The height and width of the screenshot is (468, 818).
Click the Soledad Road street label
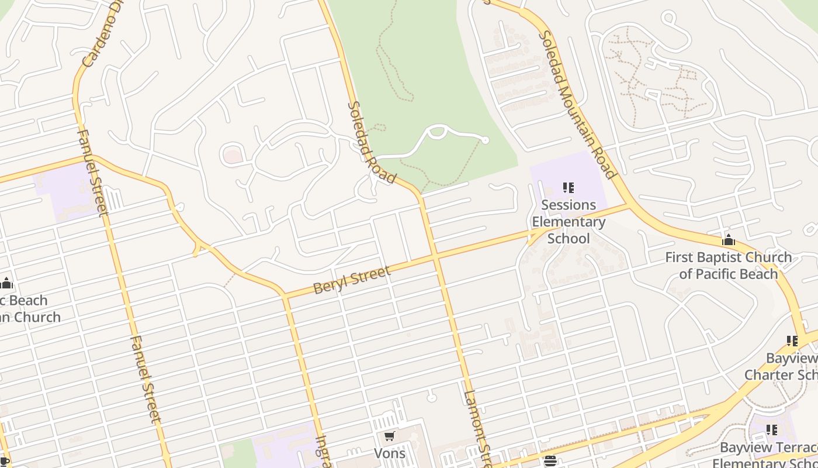pos(372,143)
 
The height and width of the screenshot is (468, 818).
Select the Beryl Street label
pos(352,280)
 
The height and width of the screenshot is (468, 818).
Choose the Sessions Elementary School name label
pos(569,222)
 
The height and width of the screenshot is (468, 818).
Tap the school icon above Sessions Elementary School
pos(569,188)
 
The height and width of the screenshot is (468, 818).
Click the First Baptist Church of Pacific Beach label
pos(729,265)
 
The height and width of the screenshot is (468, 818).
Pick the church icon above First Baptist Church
pos(729,240)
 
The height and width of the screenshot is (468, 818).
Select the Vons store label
pos(390,453)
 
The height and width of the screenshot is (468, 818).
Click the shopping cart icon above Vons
pos(390,436)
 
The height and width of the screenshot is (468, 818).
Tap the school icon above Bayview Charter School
pos(792,340)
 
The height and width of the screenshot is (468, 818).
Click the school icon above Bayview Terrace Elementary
pos(772,430)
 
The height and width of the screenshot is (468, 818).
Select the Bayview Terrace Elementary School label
pos(768,456)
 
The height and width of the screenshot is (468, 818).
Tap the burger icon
pos(550,461)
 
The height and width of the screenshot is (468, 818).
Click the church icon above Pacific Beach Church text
pos(6,284)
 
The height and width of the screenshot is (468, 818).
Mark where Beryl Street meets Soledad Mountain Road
pos(629,205)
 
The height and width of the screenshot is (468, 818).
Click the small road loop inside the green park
pos(436,132)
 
